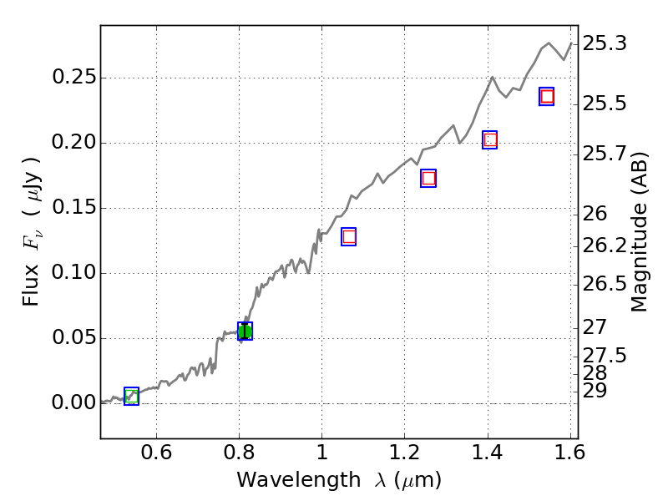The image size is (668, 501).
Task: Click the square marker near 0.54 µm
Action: coord(131,396)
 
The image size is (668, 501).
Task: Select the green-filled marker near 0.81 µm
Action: coord(245,331)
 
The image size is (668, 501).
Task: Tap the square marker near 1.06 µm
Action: coord(348,236)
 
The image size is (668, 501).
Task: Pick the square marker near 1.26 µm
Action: coord(428,178)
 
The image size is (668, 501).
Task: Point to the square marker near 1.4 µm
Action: coord(490,139)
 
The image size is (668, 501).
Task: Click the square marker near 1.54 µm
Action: coord(547,96)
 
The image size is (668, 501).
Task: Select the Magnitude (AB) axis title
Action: coord(640,232)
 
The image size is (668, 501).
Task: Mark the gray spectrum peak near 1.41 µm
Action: coord(493,77)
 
